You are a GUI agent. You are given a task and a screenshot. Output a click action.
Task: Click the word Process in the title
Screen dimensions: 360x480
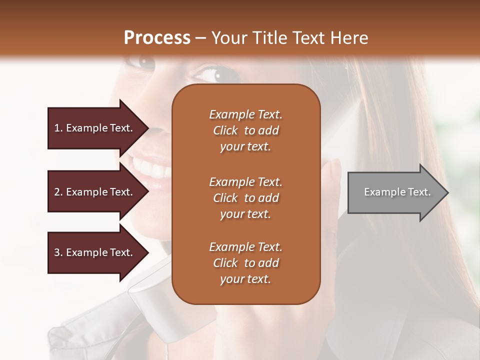(x=157, y=38)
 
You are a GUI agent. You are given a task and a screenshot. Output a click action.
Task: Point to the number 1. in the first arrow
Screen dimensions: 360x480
(x=58, y=128)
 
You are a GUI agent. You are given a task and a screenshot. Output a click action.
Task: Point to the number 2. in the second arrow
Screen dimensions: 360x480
(x=58, y=192)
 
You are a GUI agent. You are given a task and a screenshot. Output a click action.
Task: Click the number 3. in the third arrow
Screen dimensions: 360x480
(x=58, y=252)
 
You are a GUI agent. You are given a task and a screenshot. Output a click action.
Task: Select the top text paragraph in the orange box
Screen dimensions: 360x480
(x=245, y=130)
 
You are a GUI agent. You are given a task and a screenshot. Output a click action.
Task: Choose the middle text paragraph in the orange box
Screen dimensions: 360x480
(x=245, y=198)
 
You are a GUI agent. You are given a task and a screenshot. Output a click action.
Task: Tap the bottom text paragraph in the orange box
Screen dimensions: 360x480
(x=245, y=263)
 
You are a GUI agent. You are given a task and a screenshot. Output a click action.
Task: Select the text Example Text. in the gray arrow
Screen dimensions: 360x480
(x=397, y=192)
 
